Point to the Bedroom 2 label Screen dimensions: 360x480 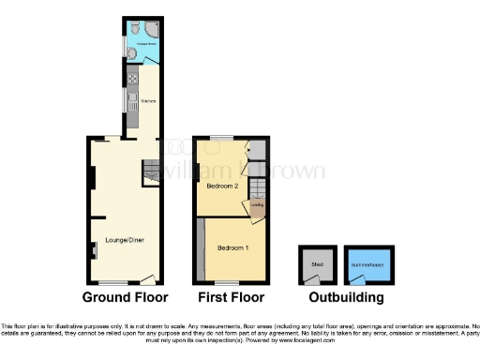pos(223,186)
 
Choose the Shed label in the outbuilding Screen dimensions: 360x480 pos(316,264)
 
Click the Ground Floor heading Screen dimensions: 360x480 pos(126,297)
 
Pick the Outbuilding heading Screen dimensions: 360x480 pos(347,297)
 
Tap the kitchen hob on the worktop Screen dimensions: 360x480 pos(133,81)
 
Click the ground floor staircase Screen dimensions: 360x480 pos(152,172)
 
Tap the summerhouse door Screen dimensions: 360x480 pos(354,278)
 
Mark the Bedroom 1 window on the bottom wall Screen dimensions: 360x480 pos(227,281)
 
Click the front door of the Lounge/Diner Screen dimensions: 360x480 pos(147,277)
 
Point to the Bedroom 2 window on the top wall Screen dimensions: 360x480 pos(221,140)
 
